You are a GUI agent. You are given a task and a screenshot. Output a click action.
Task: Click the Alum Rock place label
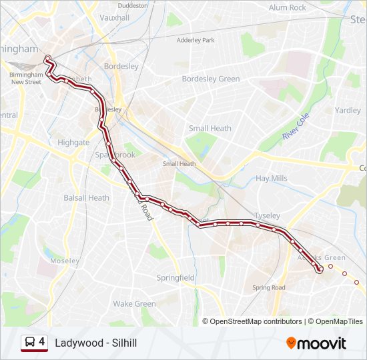(x=287, y=7)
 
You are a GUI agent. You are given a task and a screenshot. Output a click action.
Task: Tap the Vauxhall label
(x=114, y=18)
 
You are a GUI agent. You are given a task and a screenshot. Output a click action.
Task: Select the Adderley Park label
(x=196, y=40)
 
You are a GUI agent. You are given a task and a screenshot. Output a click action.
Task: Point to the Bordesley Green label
(x=211, y=79)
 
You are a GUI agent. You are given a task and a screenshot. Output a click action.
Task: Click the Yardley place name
(x=348, y=110)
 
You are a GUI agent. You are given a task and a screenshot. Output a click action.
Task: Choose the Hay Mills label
(x=272, y=179)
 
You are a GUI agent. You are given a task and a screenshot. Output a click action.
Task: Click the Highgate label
(x=73, y=143)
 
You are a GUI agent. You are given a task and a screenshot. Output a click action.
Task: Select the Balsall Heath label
(x=86, y=197)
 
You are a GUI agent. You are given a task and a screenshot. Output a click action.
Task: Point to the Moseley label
(x=65, y=261)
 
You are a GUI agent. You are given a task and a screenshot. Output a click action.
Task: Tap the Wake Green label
(x=134, y=303)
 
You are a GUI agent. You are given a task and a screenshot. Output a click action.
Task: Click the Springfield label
(x=175, y=277)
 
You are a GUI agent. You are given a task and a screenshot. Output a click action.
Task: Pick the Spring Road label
(x=269, y=288)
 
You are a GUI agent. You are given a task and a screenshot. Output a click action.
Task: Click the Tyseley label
(x=267, y=216)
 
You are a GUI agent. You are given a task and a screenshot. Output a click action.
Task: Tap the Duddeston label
(x=132, y=5)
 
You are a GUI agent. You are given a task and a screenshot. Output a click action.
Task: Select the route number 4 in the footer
(x=42, y=342)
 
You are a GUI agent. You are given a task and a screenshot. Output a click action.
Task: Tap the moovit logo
(x=316, y=343)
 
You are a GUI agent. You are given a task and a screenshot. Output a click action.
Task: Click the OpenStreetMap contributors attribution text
(x=256, y=321)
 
